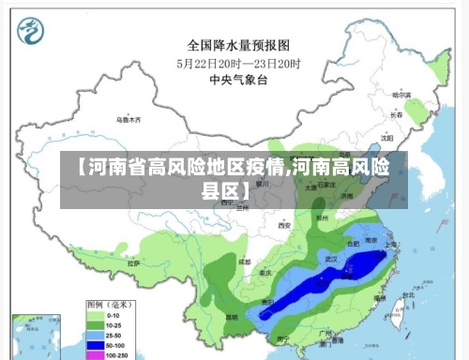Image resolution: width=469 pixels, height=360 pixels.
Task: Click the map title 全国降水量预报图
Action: point(237,44)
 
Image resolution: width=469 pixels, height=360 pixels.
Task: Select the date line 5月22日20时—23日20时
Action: point(238,63)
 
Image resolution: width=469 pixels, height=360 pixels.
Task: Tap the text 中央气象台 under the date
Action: point(238,81)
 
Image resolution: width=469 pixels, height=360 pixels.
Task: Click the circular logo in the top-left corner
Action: point(32,32)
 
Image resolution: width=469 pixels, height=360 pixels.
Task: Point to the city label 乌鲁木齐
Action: point(129,120)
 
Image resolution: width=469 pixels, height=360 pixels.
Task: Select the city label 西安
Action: point(284,225)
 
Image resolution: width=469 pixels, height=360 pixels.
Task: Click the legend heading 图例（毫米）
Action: point(108,305)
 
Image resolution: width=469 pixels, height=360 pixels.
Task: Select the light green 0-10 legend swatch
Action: point(95,316)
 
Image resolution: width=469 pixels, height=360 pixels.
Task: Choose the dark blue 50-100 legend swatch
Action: point(95,345)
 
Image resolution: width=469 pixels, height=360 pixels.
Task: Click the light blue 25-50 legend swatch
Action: point(95,336)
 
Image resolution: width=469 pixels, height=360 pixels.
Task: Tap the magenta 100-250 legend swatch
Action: point(95,355)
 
